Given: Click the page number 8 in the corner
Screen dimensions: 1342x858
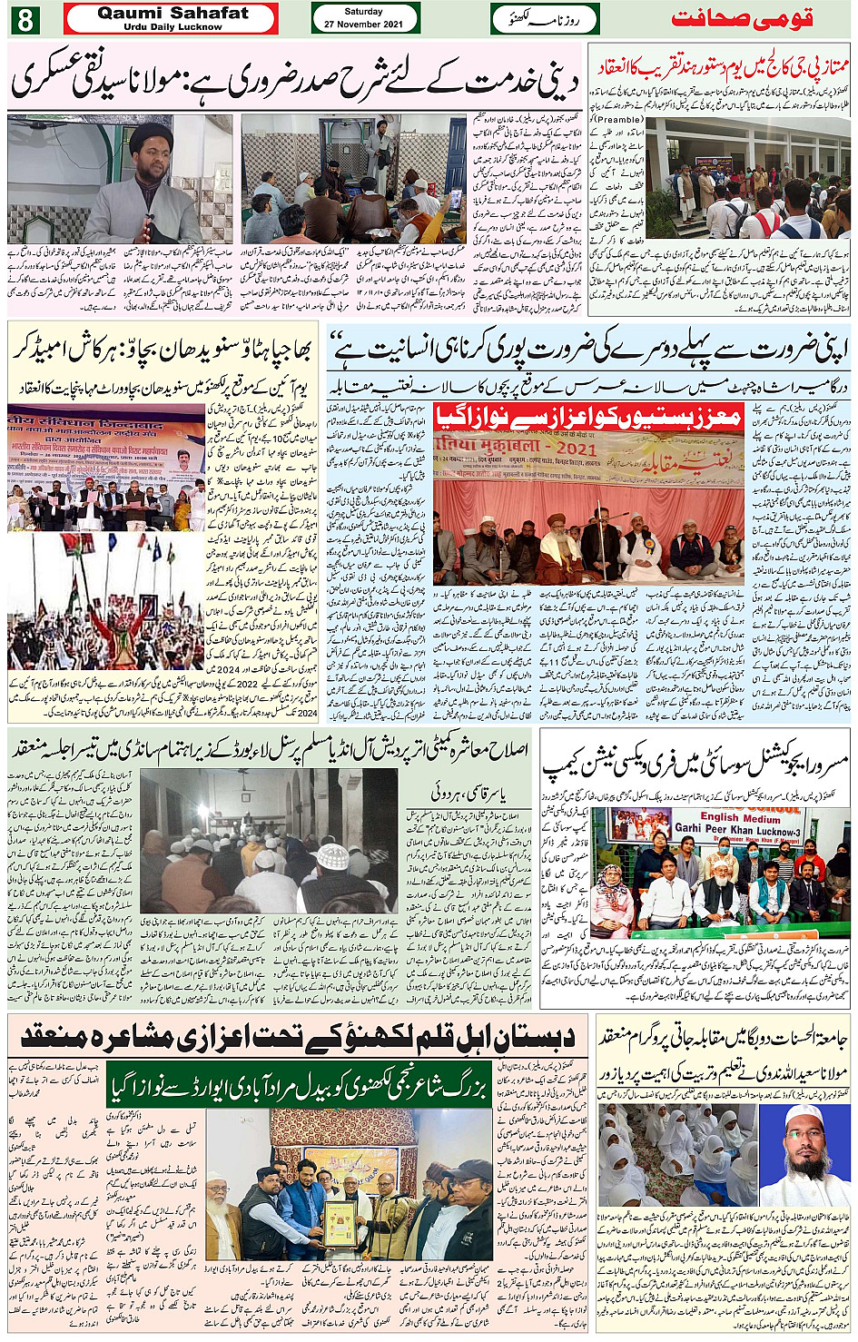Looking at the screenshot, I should (x=24, y=19).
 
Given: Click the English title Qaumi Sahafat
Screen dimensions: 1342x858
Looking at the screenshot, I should (x=172, y=13).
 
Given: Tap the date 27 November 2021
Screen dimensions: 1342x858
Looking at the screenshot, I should (x=364, y=25).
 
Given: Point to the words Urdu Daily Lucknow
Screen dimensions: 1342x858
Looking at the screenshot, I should (x=172, y=27).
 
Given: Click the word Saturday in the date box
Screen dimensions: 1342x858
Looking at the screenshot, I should (x=364, y=12).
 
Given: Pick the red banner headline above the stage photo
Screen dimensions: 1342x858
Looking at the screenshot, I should (x=588, y=417).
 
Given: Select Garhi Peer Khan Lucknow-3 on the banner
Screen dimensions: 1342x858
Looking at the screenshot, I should (x=737, y=830).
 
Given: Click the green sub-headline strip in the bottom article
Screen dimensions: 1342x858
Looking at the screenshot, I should (x=298, y=1088).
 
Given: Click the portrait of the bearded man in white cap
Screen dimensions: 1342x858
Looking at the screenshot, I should (x=806, y=1154).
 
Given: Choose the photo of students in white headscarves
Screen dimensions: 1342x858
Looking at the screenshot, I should (x=676, y=1154).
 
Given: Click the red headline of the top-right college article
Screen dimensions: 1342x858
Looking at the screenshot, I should (x=721, y=66).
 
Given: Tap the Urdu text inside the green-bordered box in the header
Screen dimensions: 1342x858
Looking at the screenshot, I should (x=545, y=18).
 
